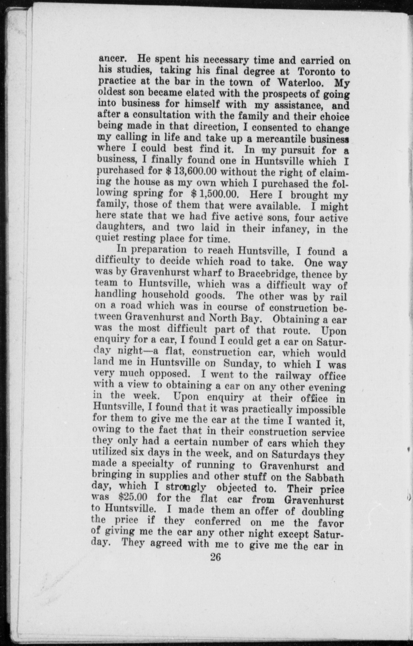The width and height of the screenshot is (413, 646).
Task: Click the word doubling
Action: (x=323, y=512)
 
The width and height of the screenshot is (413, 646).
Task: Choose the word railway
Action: (x=293, y=376)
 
